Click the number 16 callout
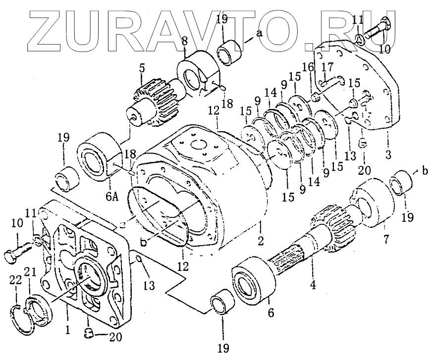pyautogui.click(x=308, y=66)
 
